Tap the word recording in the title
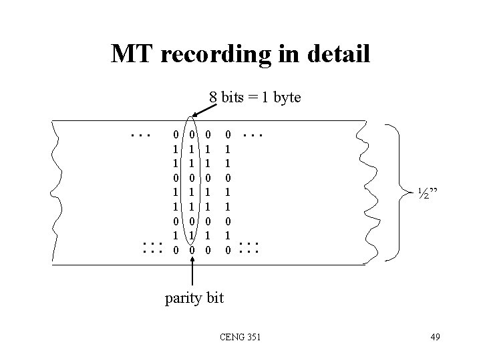click(x=221, y=54)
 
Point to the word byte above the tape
click(x=286, y=98)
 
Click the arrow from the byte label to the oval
click(x=201, y=108)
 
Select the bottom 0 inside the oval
click(x=192, y=249)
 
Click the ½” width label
click(x=428, y=194)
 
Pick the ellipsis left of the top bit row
click(x=140, y=135)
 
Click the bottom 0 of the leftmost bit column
click(x=175, y=249)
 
